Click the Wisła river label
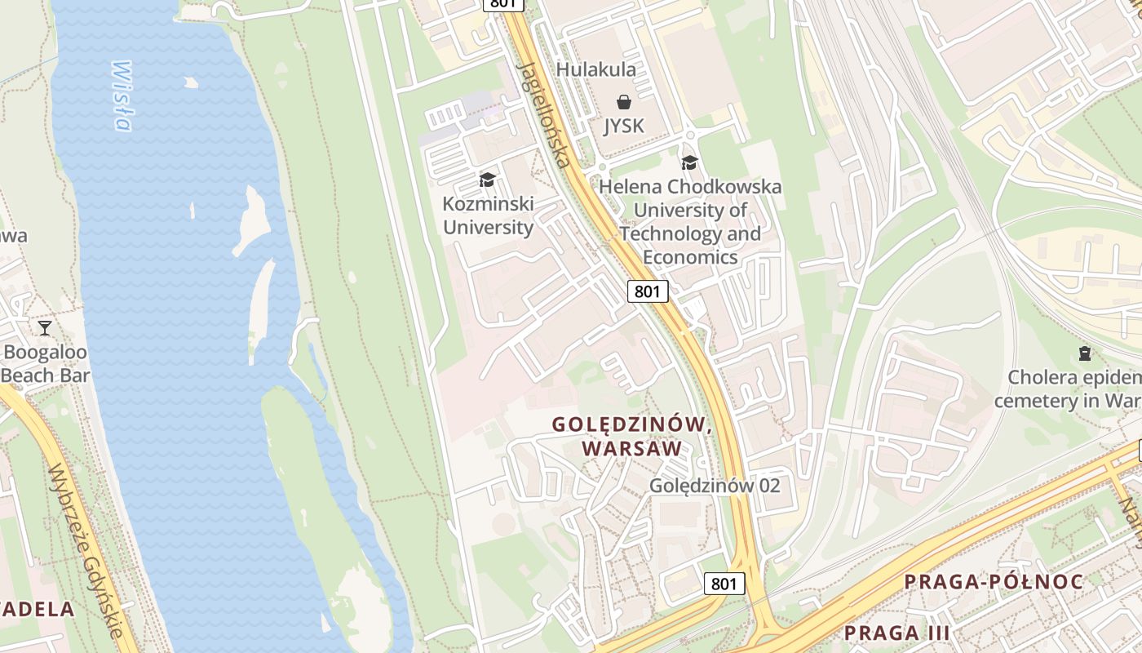click(121, 96)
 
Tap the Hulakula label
click(595, 70)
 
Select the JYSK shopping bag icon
click(624, 102)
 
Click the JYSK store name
click(624, 126)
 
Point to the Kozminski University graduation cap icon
click(487, 180)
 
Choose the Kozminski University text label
click(488, 215)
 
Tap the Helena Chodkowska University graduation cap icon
click(689, 162)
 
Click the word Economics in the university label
click(690, 257)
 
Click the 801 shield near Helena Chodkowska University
click(648, 291)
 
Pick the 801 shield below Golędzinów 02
click(724, 584)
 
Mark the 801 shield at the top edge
click(502, 4)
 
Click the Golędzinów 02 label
click(715, 486)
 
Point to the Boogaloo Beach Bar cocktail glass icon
click(45, 328)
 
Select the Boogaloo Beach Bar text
click(46, 364)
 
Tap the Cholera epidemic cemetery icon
click(1084, 353)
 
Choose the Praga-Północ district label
click(994, 582)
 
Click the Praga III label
click(896, 633)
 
